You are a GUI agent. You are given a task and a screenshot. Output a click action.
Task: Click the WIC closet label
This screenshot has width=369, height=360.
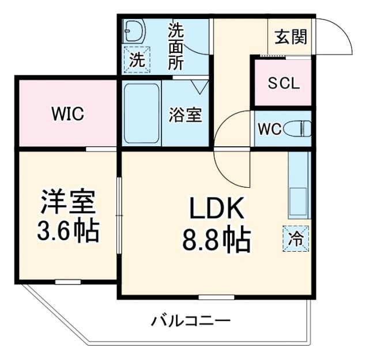pos(67,114)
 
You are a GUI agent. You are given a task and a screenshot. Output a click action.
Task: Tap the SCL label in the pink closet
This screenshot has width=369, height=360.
pos(284,83)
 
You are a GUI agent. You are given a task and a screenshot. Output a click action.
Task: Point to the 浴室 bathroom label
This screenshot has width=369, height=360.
pos(184,114)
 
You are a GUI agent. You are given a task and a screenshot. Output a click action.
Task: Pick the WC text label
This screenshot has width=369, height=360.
pos(270,129)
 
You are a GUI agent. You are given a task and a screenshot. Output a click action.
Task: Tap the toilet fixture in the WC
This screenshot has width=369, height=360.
pos(300,128)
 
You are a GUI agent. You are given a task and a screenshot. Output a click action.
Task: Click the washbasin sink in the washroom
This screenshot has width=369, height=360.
pos(134,31)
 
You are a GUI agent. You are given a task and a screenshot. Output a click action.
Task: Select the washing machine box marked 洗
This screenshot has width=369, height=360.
pos(137,59)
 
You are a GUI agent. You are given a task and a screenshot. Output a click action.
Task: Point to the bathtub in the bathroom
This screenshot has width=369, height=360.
pos(141,114)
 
